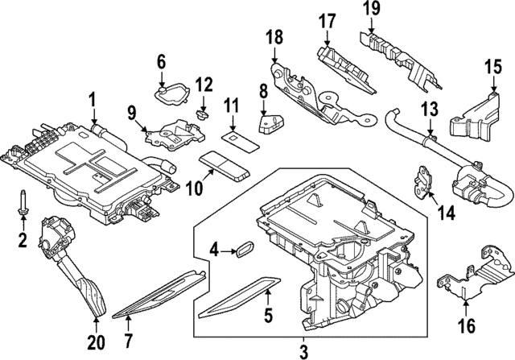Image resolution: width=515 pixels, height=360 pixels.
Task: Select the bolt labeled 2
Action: pyautogui.click(x=23, y=202)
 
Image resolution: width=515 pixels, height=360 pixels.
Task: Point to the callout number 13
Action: pyautogui.click(x=429, y=107)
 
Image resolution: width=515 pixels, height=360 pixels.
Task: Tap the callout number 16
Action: pyautogui.click(x=467, y=326)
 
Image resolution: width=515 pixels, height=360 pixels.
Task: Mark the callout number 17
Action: pyautogui.click(x=326, y=21)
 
